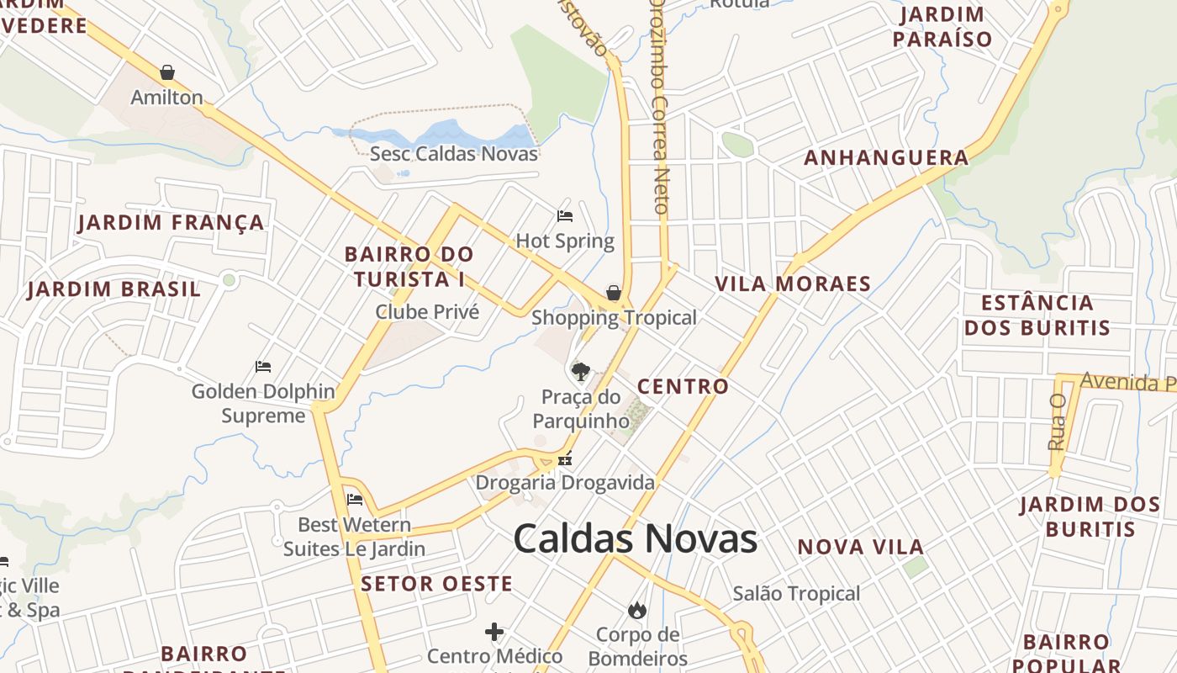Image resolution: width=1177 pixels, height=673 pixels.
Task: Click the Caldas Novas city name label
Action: pos(635,538)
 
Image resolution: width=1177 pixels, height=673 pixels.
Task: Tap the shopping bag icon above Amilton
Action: pos(167,72)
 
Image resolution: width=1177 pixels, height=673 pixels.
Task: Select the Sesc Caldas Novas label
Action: pos(454,154)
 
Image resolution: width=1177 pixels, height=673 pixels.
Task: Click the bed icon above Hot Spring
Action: pos(565,216)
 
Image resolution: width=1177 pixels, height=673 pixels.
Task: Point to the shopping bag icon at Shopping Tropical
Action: pos(614,293)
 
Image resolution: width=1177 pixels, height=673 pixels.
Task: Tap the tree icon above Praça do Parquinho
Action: pos(580,371)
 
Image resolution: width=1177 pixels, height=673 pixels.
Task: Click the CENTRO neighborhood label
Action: pos(683,387)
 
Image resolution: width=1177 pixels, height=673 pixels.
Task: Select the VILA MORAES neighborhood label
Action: pos(793,284)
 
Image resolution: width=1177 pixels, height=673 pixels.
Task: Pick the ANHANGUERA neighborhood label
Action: pos(886,157)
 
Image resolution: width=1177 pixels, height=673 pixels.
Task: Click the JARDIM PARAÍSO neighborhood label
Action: pos(942,27)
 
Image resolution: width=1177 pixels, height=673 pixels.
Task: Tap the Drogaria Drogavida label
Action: pos(565,483)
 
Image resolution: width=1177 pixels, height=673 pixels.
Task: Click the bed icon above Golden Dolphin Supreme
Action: pos(263,367)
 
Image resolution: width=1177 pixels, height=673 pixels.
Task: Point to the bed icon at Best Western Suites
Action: pos(355,500)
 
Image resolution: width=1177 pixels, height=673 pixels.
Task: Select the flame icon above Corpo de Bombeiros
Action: pos(637,610)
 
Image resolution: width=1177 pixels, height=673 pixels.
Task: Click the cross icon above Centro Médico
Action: pos(494,631)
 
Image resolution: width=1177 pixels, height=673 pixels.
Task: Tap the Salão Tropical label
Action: pos(796,594)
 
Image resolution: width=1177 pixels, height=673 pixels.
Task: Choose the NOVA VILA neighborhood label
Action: pos(861,547)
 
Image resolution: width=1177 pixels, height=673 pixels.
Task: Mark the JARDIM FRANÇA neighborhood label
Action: pos(172,223)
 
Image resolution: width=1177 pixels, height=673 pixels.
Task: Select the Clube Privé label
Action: pos(427,312)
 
